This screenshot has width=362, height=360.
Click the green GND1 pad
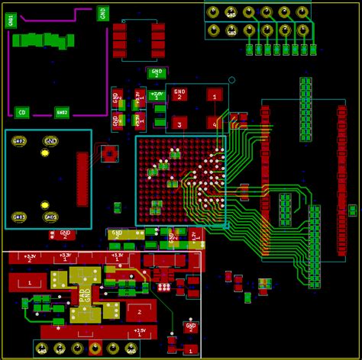[x=10, y=20]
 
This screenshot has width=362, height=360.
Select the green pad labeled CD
[x=23, y=112]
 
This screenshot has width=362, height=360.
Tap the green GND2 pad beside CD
[x=62, y=112]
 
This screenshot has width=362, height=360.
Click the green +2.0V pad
[x=157, y=96]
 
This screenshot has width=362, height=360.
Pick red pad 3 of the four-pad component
[x=179, y=122]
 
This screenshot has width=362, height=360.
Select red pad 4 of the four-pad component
[x=215, y=122]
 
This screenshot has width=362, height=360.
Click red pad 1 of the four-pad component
[x=215, y=95]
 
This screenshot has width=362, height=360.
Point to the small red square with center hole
[x=109, y=154]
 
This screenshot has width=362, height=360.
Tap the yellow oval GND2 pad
[x=19, y=141]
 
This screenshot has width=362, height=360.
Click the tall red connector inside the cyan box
[x=82, y=179]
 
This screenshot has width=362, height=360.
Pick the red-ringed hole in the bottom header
[x=95, y=349]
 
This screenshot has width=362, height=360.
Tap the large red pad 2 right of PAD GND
[x=140, y=310]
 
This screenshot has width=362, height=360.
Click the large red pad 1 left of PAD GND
[x=31, y=282]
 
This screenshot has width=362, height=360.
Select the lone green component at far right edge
[x=352, y=210]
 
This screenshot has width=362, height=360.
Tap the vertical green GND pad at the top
[x=103, y=13]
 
